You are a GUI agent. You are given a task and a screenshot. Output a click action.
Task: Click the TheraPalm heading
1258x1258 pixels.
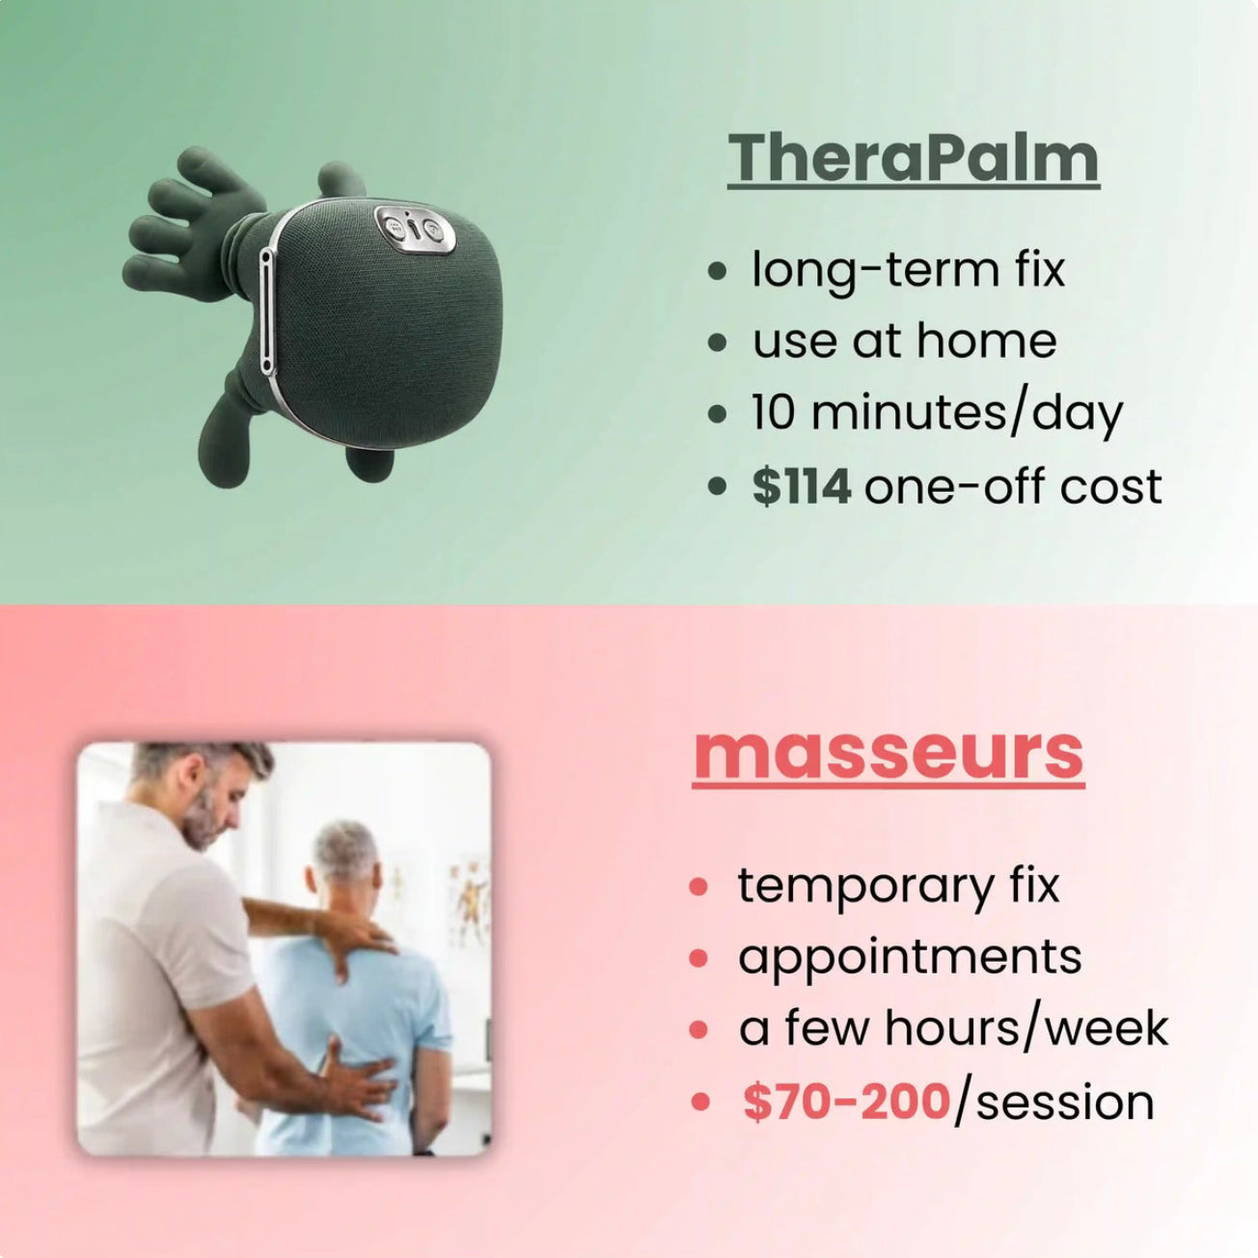point(914,158)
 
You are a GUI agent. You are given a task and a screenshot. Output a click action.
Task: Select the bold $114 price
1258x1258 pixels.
point(801,486)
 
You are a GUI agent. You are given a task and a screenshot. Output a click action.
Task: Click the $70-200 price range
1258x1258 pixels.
point(846,1102)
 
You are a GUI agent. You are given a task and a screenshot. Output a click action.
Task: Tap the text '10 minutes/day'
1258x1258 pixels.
point(937,414)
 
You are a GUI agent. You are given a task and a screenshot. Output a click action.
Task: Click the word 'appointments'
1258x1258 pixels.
point(910,959)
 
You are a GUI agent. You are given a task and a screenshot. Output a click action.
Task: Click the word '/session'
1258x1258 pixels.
point(1053,1103)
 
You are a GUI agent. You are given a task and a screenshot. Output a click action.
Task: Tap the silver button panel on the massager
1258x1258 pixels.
point(415,230)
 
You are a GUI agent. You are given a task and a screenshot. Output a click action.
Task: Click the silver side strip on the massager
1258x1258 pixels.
point(265,312)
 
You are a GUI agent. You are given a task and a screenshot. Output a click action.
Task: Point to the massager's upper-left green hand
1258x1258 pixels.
point(189,222)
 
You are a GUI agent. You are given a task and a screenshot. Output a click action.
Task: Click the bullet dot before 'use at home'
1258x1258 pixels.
point(718,342)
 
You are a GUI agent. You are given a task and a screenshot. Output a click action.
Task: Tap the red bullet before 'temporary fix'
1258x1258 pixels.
point(698,887)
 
